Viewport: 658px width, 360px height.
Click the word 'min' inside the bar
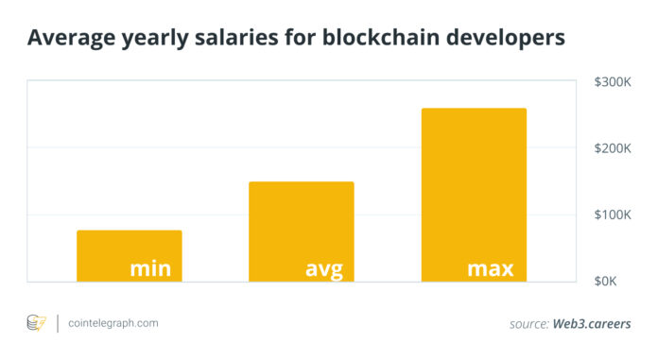click(x=150, y=268)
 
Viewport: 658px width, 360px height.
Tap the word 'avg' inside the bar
click(x=323, y=269)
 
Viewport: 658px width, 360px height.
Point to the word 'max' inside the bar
click(x=491, y=268)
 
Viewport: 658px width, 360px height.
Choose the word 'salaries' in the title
click(x=231, y=39)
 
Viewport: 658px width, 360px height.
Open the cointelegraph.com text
click(x=113, y=323)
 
